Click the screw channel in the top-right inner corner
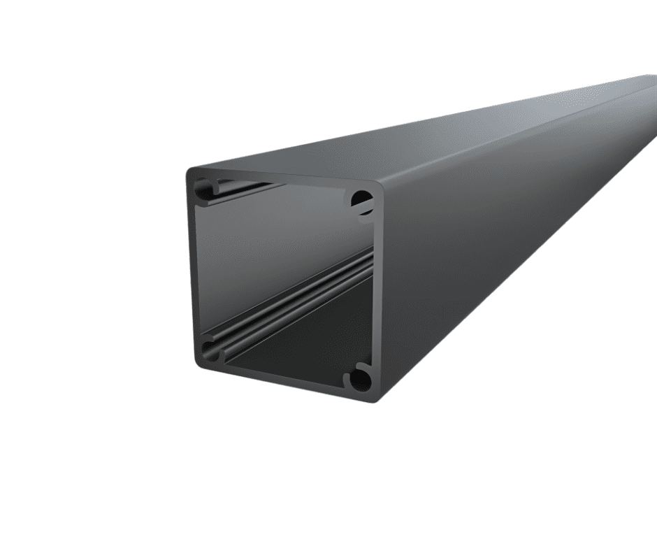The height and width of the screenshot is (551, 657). pyautogui.click(x=361, y=201)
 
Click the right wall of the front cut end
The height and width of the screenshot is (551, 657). pyautogui.click(x=377, y=294)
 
